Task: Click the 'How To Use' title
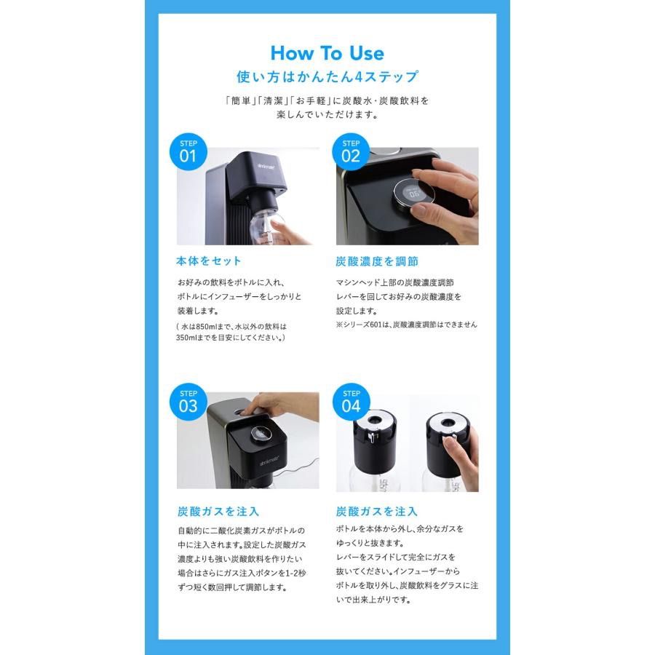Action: tap(327, 53)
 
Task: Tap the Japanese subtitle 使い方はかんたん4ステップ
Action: tap(327, 76)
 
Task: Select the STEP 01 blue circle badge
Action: tap(188, 151)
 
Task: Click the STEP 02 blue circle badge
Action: tap(351, 151)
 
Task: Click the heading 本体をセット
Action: tap(209, 261)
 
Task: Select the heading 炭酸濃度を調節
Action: tap(377, 261)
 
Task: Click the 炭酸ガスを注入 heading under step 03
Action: tap(218, 511)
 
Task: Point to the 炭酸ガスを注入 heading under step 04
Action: tap(377, 511)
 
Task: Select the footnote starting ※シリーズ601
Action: tap(411, 325)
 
